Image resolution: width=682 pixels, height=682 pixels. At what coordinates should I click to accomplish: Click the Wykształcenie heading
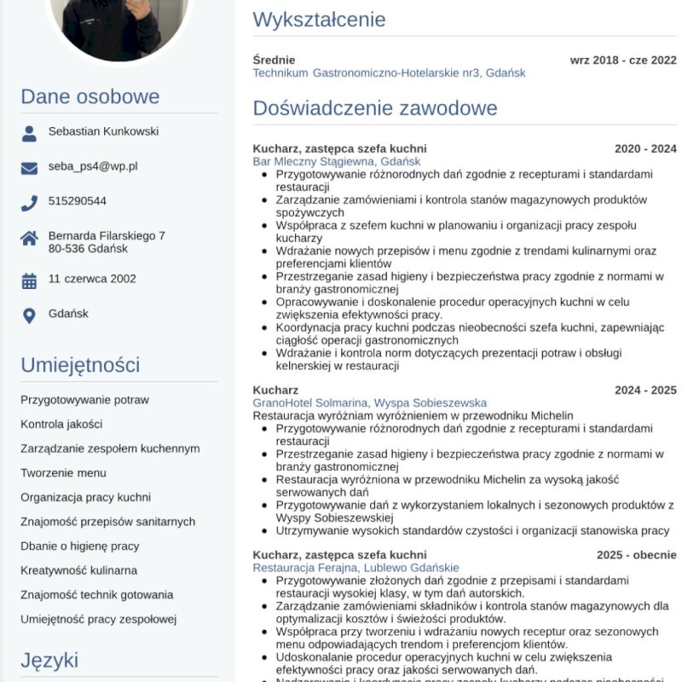pos(319,20)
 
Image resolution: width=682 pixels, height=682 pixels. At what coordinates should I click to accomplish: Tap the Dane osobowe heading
pos(90,96)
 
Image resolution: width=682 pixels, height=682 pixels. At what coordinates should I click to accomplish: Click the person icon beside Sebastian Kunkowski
pos(29,133)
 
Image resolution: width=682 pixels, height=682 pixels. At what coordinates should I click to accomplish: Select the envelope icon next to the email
pos(29,168)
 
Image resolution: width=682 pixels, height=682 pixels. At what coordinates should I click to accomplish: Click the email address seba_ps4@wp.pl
pos(93,167)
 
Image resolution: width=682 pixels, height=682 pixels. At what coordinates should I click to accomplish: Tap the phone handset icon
pos(29,203)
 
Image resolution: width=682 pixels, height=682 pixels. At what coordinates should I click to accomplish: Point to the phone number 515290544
pos(78,201)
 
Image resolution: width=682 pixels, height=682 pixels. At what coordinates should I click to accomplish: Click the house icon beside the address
pos(29,238)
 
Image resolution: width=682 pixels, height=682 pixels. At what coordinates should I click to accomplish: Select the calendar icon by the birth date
pos(29,280)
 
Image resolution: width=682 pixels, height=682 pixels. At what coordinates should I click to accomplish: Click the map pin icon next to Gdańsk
pos(29,315)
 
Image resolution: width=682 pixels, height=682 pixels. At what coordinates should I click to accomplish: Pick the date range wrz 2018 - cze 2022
pos(623,61)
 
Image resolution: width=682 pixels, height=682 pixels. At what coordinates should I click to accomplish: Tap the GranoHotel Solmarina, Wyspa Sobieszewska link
pos(369,402)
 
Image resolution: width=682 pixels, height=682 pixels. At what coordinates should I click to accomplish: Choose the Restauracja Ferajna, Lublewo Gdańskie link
pos(355,568)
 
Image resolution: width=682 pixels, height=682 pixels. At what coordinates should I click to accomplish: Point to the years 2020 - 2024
pos(645,149)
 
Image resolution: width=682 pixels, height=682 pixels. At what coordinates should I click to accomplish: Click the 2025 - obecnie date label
pos(636,555)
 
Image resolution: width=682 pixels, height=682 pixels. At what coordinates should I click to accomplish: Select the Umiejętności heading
pos(80,365)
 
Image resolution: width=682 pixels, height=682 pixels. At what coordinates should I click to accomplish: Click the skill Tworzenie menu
pos(64,473)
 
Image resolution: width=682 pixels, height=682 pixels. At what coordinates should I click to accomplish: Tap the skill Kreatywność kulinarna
pos(79,570)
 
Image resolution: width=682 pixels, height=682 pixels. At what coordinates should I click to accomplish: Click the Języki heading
pos(49,660)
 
